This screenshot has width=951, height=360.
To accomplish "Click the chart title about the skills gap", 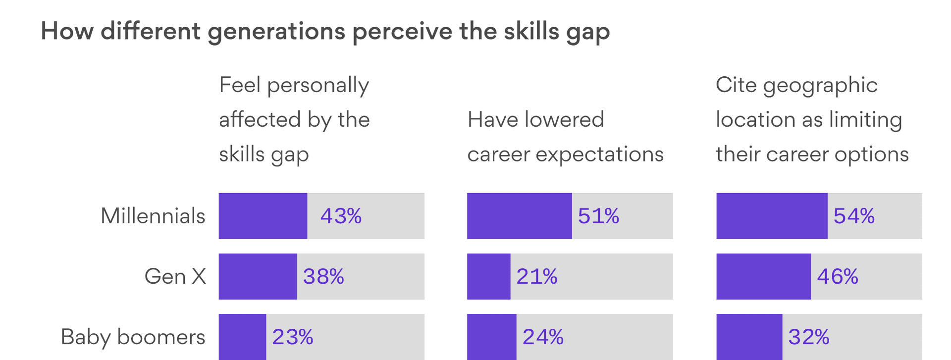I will [x=325, y=31].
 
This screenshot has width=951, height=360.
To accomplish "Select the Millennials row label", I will [x=153, y=216].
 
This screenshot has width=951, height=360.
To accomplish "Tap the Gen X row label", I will [x=175, y=276].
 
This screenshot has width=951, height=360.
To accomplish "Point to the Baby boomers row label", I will [x=133, y=337].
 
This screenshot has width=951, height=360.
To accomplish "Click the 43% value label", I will [x=341, y=216].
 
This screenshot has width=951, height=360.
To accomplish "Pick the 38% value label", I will [x=323, y=276].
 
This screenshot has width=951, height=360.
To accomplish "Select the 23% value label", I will [x=292, y=337].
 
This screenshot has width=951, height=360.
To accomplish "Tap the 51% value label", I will [x=598, y=216].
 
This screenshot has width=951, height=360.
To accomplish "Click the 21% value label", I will [x=536, y=276].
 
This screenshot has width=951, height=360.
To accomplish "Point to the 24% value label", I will [x=543, y=337].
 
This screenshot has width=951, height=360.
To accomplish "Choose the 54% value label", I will [x=854, y=216].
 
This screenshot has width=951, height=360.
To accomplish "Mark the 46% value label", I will [x=837, y=276].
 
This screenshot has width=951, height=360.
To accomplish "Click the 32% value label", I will [x=808, y=337].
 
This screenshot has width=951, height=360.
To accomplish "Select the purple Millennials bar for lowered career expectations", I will [x=519, y=216].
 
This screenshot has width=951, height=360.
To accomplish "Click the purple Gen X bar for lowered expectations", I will [x=488, y=276].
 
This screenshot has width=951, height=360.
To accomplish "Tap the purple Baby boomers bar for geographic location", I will [x=749, y=337].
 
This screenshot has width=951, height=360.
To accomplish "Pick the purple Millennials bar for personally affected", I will [x=263, y=216].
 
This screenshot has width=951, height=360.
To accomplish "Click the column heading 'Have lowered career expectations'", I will [x=565, y=137].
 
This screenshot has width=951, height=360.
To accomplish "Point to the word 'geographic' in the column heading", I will [x=820, y=86].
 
